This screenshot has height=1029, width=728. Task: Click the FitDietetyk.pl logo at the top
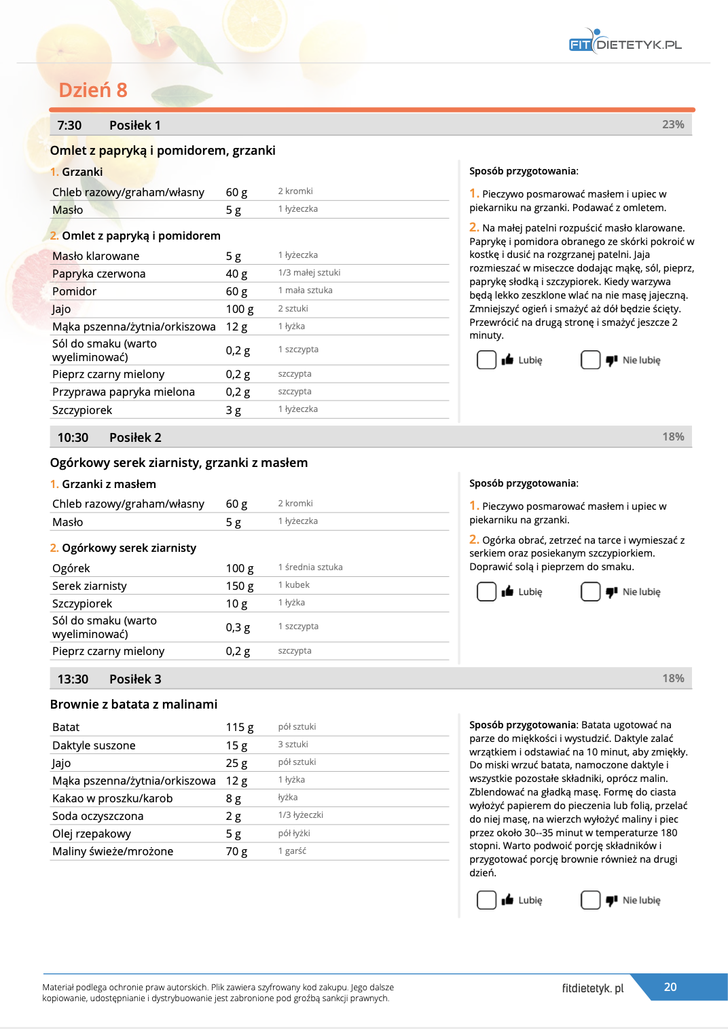click(x=625, y=43)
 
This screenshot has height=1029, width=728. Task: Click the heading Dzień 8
click(x=93, y=90)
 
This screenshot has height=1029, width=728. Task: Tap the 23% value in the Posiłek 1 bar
click(x=672, y=125)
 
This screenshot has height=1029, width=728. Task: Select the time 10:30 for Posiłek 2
click(x=73, y=438)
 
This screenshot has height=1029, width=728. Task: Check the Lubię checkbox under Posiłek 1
click(x=486, y=360)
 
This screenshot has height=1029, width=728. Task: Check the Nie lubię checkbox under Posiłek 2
click(x=590, y=592)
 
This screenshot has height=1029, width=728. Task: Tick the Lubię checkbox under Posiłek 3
click(x=486, y=900)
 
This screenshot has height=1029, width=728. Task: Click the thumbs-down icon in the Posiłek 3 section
click(x=611, y=900)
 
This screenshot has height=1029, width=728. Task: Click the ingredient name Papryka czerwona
click(x=98, y=274)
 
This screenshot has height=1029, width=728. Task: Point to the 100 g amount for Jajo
click(x=239, y=310)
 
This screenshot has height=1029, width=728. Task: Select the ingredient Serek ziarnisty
click(x=89, y=586)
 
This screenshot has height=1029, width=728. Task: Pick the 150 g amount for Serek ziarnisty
click(x=239, y=586)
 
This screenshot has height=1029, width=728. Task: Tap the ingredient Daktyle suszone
click(x=94, y=746)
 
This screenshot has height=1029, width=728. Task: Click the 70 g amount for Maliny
click(x=236, y=852)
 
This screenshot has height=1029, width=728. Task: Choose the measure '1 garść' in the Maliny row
click(x=292, y=851)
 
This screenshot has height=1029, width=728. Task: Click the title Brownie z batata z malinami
click(x=134, y=705)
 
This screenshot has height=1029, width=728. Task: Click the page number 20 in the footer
click(x=670, y=988)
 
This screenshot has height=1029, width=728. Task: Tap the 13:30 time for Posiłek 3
click(x=73, y=679)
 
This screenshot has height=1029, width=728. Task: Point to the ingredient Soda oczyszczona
click(x=97, y=817)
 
